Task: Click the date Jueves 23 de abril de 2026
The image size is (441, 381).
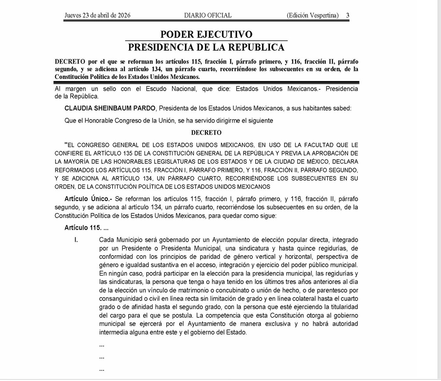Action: point(97,15)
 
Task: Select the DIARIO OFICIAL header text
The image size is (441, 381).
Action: point(208,15)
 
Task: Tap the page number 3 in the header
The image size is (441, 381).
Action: point(348,15)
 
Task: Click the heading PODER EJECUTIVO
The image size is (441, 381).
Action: point(206,35)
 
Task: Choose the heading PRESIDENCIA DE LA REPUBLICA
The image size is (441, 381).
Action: point(206,48)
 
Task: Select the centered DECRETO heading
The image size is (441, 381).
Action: point(206,132)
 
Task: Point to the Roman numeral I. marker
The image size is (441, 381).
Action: point(76,240)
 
